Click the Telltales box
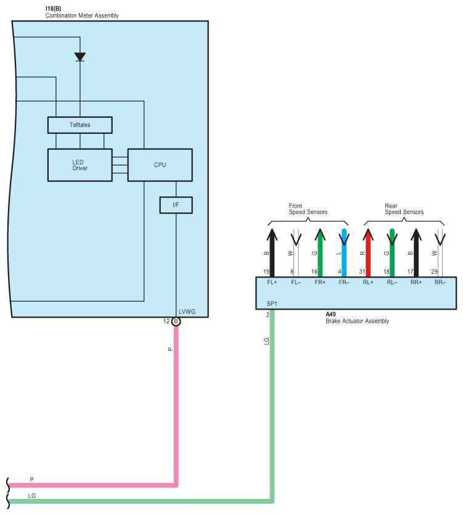[x=80, y=125]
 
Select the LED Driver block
[x=80, y=165]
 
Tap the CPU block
[x=160, y=165]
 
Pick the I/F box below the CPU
[x=176, y=205]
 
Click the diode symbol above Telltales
[x=80, y=57]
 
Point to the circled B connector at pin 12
[x=176, y=321]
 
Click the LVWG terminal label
[x=187, y=311]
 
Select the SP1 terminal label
[x=272, y=304]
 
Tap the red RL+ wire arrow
[x=368, y=253]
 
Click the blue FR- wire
[x=344, y=253]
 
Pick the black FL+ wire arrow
[x=272, y=253]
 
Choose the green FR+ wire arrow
[x=320, y=253]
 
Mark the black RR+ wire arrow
[x=416, y=253]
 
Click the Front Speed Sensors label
[x=308, y=209]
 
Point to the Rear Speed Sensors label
[x=404, y=209]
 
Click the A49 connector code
[x=330, y=315]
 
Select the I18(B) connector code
[x=53, y=9]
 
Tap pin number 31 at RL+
[x=362, y=271]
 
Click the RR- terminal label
[x=440, y=282]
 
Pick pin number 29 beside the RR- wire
[x=434, y=271]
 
